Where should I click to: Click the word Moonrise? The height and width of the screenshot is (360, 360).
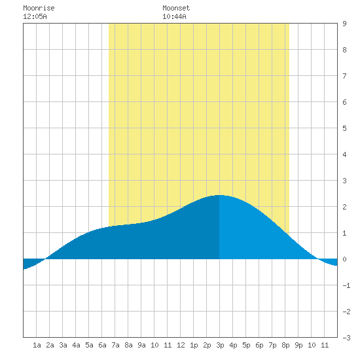tap(39, 9)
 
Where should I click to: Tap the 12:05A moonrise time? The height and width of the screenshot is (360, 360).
tap(35, 16)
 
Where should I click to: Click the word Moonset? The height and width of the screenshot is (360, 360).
tap(176, 9)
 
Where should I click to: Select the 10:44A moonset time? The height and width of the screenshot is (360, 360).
tap(174, 16)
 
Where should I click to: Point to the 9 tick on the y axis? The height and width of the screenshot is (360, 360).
tap(344, 24)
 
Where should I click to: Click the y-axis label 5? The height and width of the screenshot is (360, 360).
tap(344, 128)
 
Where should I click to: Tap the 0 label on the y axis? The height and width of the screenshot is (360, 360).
tap(344, 259)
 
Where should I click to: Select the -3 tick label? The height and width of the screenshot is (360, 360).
tap(346, 338)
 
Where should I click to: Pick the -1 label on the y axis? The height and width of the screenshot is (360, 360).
tap(346, 285)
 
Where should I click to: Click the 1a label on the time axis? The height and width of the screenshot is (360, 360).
tap(37, 345)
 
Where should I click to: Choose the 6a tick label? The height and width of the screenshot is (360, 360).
tap(102, 345)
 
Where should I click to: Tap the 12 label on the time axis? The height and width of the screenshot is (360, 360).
tap(181, 345)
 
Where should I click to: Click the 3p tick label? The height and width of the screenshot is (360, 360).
tap(220, 345)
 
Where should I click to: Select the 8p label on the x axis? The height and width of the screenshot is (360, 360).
tap(285, 345)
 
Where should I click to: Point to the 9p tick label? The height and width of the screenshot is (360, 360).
tap(298, 345)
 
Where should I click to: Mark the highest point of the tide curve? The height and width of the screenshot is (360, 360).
tap(219, 195)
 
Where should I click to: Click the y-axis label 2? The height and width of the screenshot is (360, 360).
tap(344, 207)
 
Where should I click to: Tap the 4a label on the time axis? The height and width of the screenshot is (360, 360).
tap(76, 345)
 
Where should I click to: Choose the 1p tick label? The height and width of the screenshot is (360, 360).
tap(194, 345)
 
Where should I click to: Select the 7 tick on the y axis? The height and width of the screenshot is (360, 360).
tap(344, 76)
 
